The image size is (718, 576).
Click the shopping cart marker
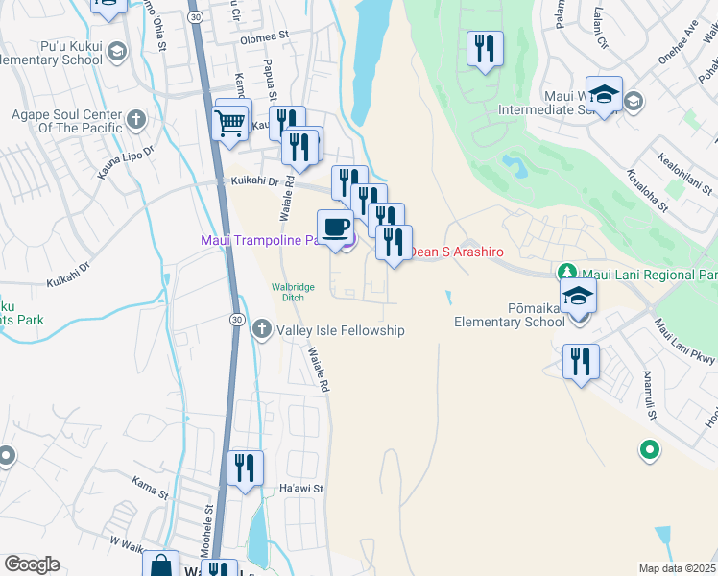pos(231,123)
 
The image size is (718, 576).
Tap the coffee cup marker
pos(335,228)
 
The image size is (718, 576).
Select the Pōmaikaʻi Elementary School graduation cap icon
pos(579,297)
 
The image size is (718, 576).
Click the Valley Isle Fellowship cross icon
pos(261,330)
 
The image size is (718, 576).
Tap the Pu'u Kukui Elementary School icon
pos(116,51)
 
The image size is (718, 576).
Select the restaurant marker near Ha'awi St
pos(246,468)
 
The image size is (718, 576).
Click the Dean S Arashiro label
pos(457,252)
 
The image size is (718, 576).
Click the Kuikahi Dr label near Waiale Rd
pos(254,180)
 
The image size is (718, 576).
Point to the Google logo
pos(32,564)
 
